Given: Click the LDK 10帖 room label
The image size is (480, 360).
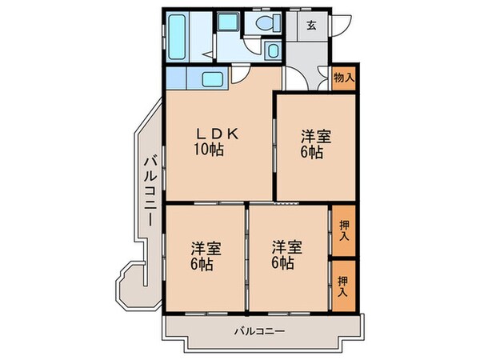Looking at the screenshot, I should [213, 142].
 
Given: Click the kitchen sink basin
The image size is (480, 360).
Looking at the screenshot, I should [214, 79].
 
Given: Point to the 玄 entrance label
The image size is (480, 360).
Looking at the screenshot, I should [310, 25].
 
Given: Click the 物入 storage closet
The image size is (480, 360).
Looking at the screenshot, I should [344, 78].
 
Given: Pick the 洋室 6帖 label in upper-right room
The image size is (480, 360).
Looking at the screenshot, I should [315, 143].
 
